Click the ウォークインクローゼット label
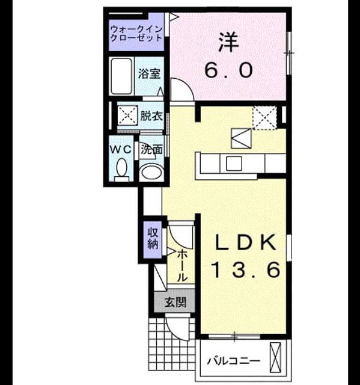click(x=136, y=34)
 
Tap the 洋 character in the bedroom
click(x=229, y=43)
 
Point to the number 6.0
click(x=228, y=70)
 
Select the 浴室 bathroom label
click(x=149, y=74)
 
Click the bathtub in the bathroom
click(x=121, y=76)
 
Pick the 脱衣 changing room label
click(x=151, y=116)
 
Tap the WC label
click(x=121, y=150)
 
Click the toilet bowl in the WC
click(x=121, y=168)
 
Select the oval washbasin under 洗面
click(x=152, y=173)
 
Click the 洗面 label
click(x=151, y=149)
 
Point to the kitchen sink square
click(x=234, y=164)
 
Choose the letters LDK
click(x=245, y=242)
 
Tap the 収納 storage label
click(x=153, y=238)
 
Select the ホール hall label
click(x=182, y=266)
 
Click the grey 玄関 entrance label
click(x=175, y=302)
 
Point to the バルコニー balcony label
click(x=233, y=361)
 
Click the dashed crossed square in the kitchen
click(x=264, y=118)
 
